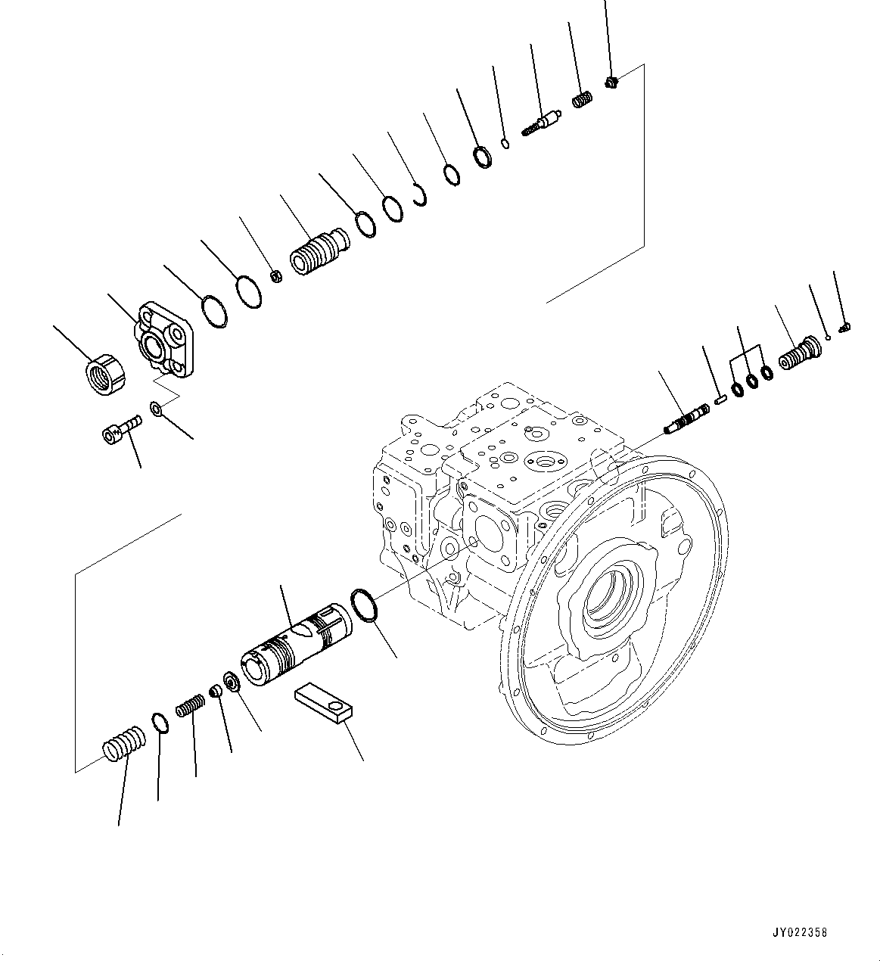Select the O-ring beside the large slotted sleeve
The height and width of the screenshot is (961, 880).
[x=364, y=606]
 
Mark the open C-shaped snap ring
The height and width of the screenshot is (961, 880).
[x=421, y=194]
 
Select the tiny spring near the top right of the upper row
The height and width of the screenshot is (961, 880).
[x=581, y=99]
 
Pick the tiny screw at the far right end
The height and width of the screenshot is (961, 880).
[x=846, y=327]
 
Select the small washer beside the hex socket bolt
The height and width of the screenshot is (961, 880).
[x=156, y=409]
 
